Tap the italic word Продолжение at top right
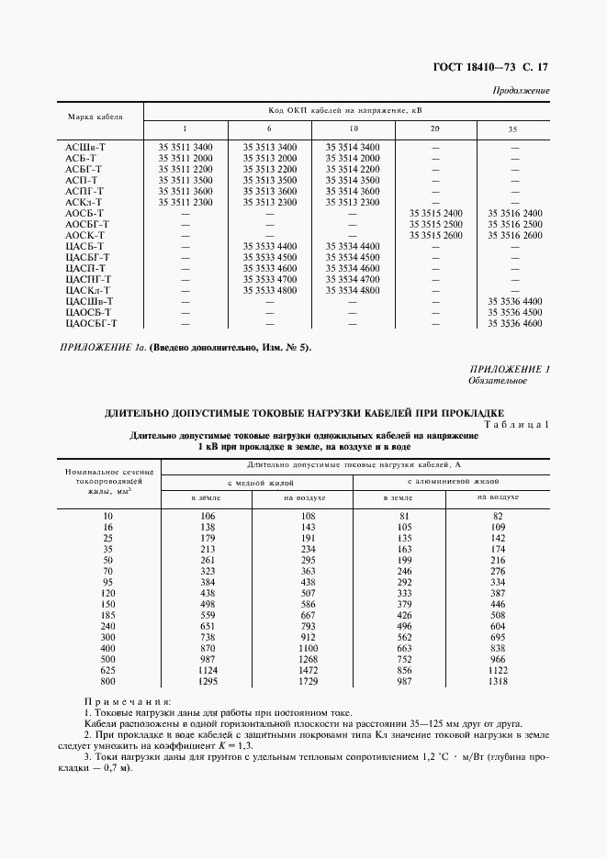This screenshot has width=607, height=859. (x=522, y=91)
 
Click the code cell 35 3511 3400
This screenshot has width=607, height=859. (x=185, y=147)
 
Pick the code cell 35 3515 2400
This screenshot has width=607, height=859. (x=436, y=213)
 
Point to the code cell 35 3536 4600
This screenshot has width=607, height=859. (x=515, y=323)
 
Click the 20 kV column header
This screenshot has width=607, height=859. (x=434, y=128)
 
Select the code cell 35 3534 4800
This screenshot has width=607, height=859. (x=353, y=290)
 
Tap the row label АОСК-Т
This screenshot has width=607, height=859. (x=87, y=235)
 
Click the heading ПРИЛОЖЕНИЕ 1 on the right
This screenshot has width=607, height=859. (x=510, y=369)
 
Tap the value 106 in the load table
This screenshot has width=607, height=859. (x=207, y=517)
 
